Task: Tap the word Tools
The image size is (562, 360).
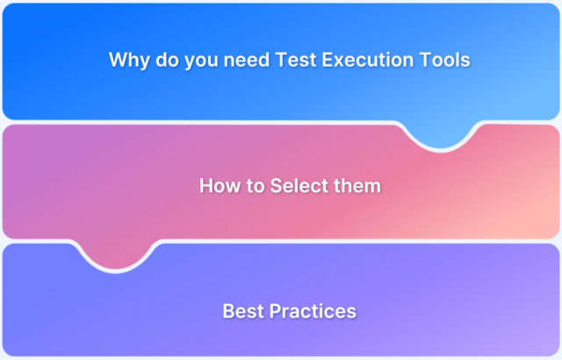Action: tap(443, 61)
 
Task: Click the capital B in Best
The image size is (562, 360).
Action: tap(228, 311)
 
